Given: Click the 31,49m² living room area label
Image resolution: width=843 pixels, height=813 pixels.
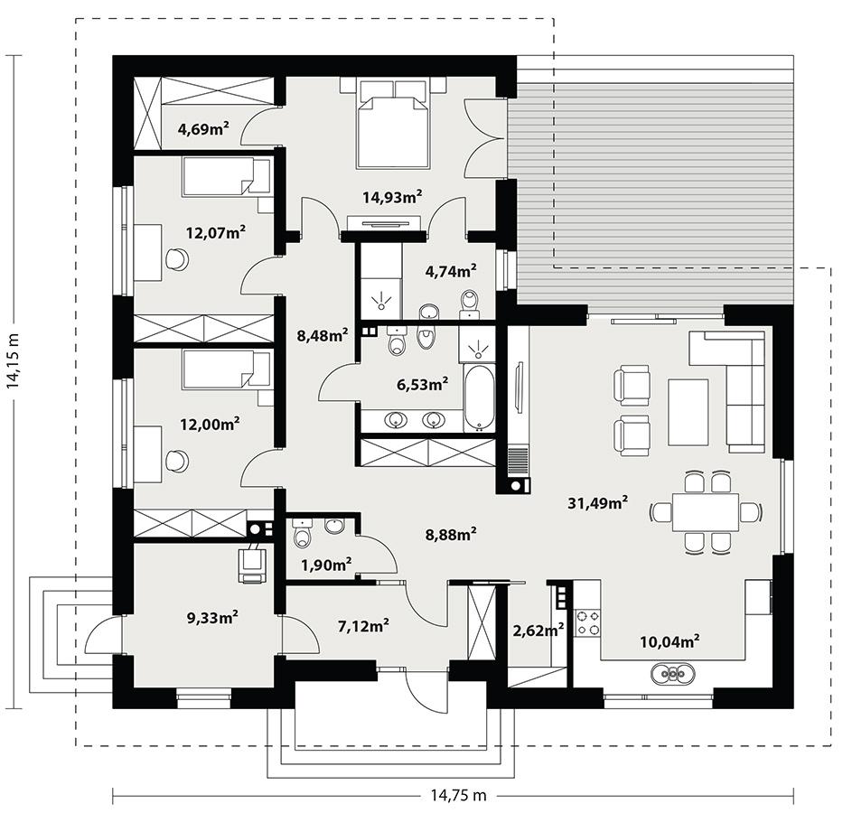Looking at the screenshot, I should (x=597, y=503).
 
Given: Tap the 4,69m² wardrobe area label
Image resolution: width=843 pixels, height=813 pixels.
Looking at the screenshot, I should (x=202, y=128).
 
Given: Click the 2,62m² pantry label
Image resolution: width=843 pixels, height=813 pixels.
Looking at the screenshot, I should (x=539, y=630).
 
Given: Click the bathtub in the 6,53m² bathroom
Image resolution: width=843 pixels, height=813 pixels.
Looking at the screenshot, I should (x=478, y=397).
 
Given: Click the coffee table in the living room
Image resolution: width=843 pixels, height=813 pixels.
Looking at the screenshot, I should (x=688, y=412).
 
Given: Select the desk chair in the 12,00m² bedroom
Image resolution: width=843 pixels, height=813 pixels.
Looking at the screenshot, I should (x=177, y=461).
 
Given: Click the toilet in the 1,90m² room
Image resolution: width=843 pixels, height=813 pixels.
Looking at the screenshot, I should (x=303, y=537).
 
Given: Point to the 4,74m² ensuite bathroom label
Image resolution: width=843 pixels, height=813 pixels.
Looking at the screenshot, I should (x=450, y=269).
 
